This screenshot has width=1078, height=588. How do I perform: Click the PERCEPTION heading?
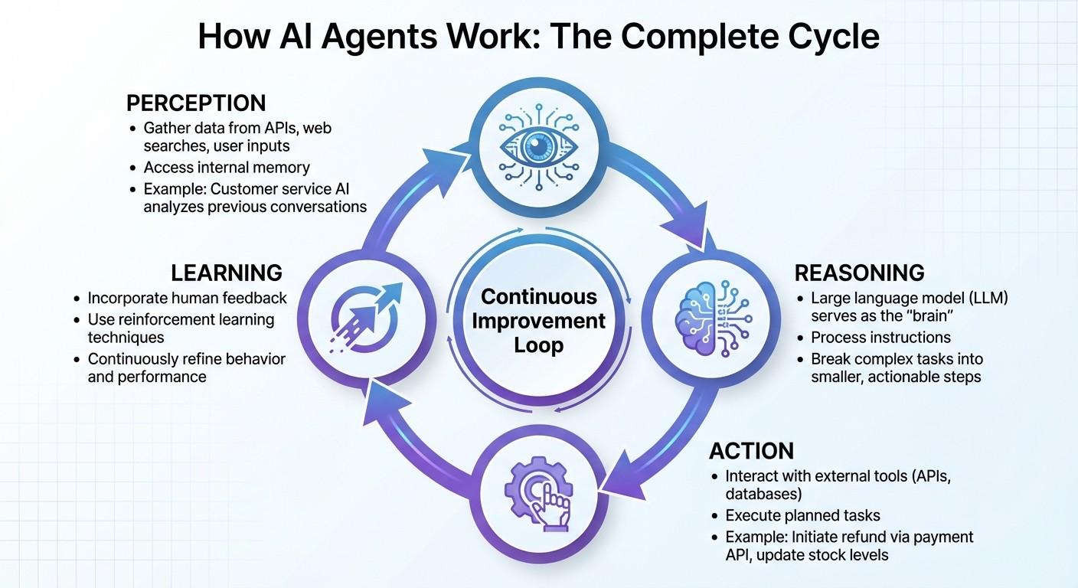pyautogui.click(x=196, y=103)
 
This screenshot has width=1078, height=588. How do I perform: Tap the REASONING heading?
pyautogui.click(x=860, y=273)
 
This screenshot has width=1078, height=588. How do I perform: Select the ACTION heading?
pyautogui.click(x=752, y=450)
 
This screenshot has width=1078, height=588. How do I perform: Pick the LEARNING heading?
pyautogui.click(x=226, y=273)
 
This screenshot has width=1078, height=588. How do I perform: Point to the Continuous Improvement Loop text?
pyautogui.click(x=538, y=320)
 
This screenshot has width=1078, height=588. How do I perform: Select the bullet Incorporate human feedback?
pyautogui.click(x=187, y=298)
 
